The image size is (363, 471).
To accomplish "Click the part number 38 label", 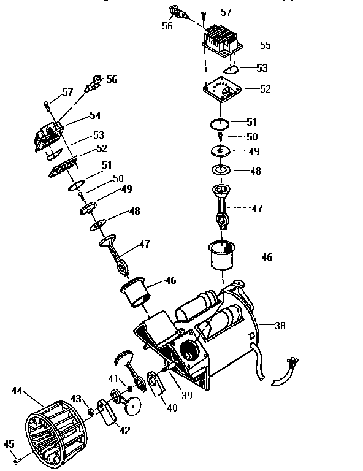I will pyautogui.click(x=280, y=326).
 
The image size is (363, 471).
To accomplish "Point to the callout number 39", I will pyautogui.click(x=186, y=396).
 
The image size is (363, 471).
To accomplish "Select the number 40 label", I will pyautogui.click(x=172, y=407).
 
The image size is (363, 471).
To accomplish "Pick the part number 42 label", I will pyautogui.click(x=124, y=431).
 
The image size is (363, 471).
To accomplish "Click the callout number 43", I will pyautogui.click(x=77, y=399).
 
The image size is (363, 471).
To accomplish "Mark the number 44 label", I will pyautogui.click(x=17, y=390).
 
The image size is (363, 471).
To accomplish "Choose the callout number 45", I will pyautogui.click(x=9, y=445).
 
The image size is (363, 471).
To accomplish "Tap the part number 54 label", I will pyautogui.click(x=95, y=115).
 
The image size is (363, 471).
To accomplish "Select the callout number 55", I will pyautogui.click(x=265, y=45).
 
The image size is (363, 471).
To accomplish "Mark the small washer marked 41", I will pyautogui.click(x=129, y=389).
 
